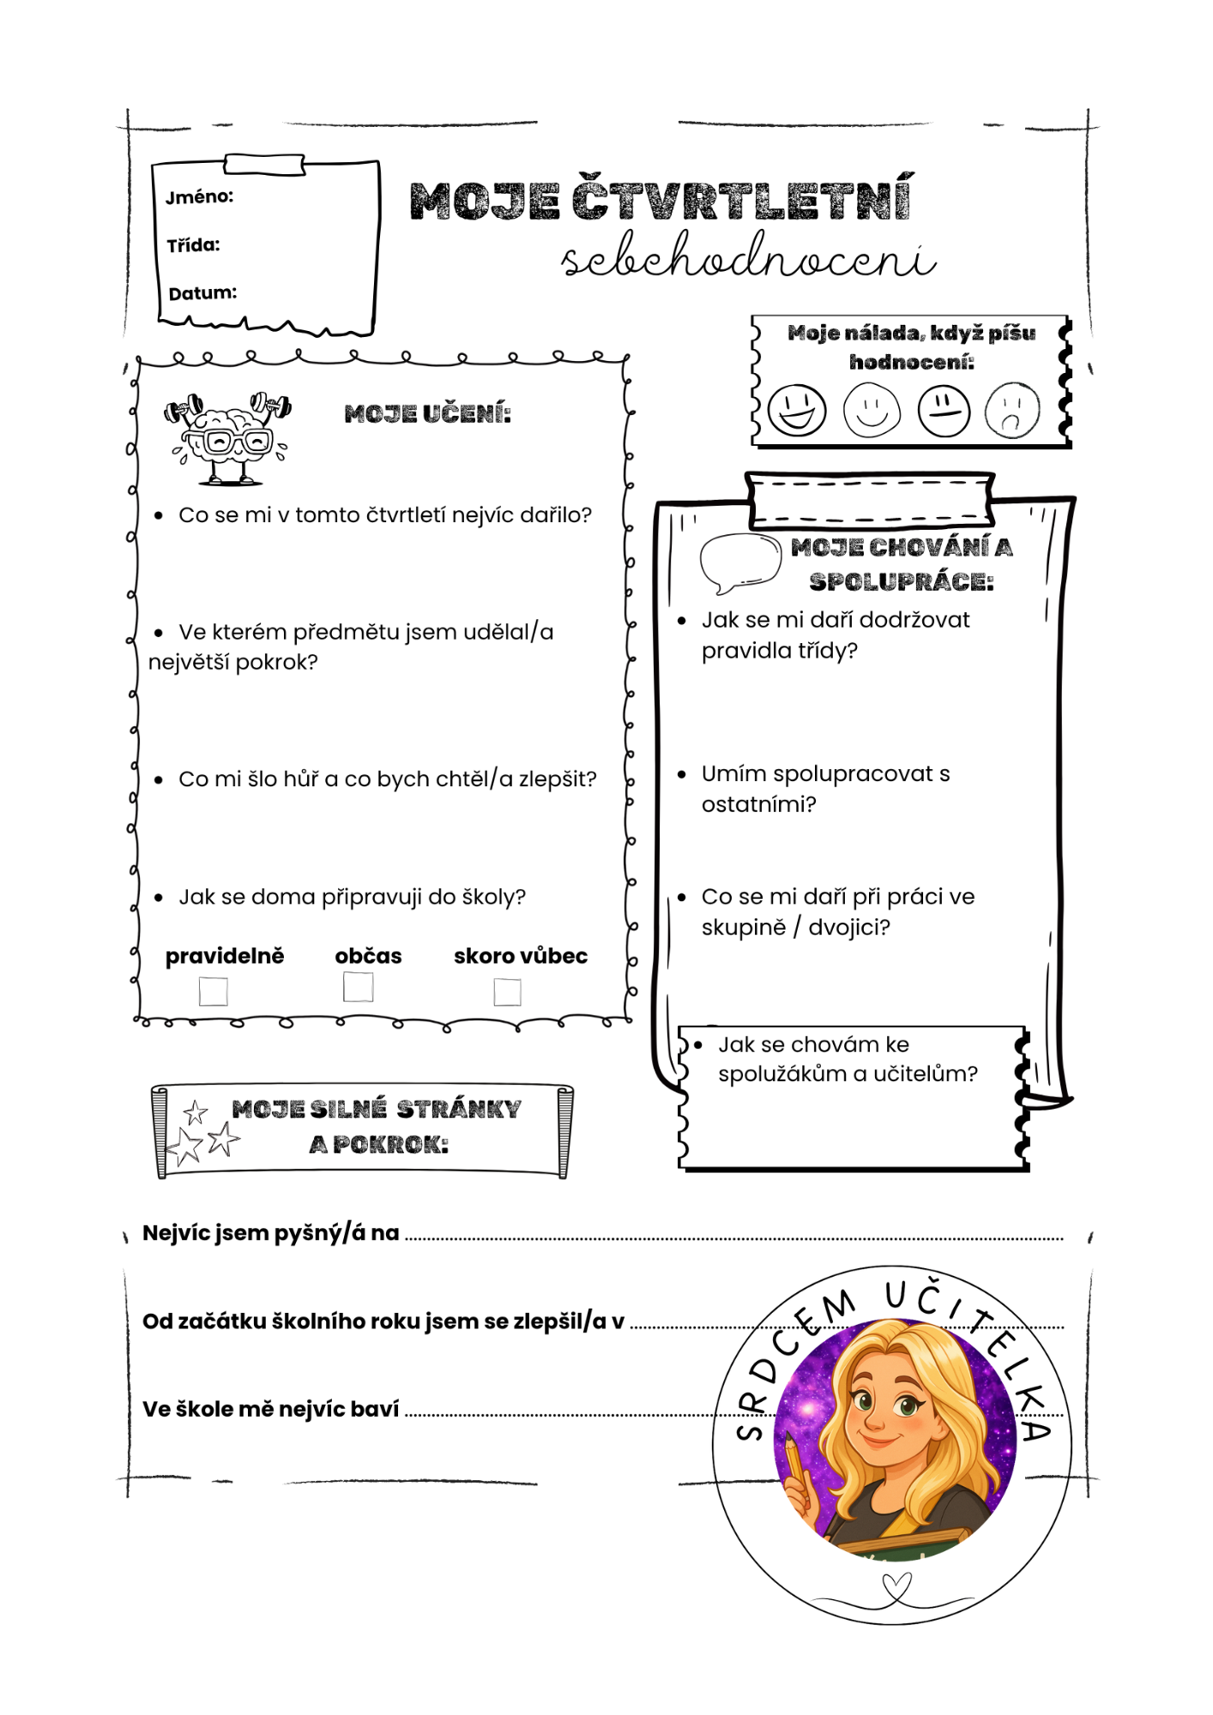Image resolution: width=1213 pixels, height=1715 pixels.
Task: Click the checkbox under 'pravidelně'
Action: (213, 991)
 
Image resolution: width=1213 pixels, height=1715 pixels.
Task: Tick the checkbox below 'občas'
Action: (358, 987)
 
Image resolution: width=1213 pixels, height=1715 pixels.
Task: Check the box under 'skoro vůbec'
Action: (507, 992)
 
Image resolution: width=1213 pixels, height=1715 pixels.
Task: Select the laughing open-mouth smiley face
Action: (797, 410)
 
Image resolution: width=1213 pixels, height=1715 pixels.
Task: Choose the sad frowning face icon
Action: (1012, 411)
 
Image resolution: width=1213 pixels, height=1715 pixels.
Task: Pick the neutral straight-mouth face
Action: (944, 411)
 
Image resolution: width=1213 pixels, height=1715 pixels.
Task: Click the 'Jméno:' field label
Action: (199, 197)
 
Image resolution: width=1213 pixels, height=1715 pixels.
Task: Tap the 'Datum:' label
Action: (202, 293)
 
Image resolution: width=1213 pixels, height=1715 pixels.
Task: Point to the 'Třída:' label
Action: (193, 246)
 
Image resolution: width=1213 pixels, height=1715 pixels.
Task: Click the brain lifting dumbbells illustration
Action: (228, 437)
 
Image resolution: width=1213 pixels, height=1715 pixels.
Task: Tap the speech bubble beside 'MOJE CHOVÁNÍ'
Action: (739, 563)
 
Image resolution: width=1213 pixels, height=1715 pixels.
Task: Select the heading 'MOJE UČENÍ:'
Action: (427, 415)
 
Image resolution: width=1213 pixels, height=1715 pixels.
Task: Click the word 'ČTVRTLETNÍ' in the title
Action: (741, 200)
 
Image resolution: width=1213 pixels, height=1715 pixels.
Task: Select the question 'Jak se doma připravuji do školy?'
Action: (352, 897)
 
